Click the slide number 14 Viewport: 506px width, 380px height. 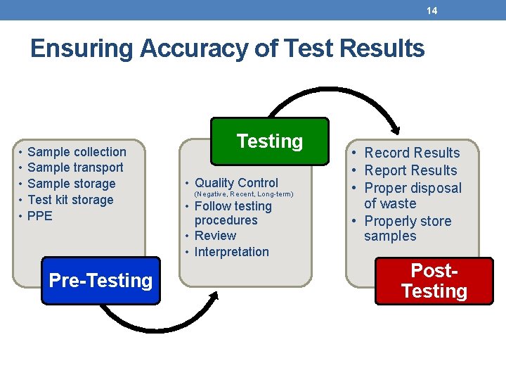pos(432,11)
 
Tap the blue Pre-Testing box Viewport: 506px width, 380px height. pos(100,281)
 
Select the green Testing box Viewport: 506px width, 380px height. pos(270,141)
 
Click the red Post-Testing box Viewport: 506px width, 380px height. pos(434,281)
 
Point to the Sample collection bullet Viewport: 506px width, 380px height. pos(77,152)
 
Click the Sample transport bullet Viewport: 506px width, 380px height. pos(75,167)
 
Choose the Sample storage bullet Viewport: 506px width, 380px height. pos(71,184)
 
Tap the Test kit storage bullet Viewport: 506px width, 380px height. pos(70,200)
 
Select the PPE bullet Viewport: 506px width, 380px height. pos(40,216)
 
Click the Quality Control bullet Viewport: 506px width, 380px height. pos(236,183)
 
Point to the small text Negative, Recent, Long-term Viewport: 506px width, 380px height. pos(243,194)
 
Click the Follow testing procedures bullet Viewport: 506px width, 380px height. pos(233,213)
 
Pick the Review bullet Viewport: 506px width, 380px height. pos(215,236)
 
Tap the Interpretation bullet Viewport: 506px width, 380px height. pos(231,252)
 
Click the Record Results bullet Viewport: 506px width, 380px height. pos(412,153)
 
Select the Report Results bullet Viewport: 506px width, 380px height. pos(410,171)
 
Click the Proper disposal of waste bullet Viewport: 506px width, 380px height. pos(413,196)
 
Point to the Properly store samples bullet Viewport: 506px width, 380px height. pos(408,229)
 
